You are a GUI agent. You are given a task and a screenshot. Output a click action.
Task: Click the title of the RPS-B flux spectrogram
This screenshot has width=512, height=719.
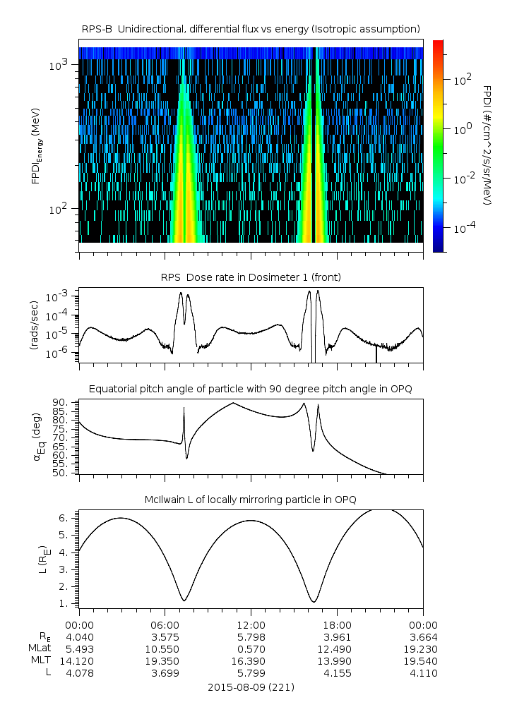[251, 28]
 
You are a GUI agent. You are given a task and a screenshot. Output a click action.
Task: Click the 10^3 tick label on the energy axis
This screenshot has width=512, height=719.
[58, 66]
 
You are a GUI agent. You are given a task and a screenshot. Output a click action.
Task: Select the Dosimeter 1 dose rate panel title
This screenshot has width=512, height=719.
[251, 277]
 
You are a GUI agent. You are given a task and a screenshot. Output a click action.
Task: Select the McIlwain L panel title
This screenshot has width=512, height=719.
[251, 500]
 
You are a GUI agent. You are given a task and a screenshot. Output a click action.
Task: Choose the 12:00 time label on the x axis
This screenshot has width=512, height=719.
[251, 625]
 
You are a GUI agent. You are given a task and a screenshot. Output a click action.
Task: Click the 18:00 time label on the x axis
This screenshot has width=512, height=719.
[337, 625]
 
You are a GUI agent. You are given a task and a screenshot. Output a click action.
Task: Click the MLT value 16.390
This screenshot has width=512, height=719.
[251, 661]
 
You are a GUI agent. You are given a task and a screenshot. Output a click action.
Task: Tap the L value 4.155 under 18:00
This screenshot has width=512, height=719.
[337, 673]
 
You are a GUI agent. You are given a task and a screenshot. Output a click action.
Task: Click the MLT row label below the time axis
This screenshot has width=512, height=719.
[37, 661]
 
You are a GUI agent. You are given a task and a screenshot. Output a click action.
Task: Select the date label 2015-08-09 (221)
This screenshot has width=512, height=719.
[251, 687]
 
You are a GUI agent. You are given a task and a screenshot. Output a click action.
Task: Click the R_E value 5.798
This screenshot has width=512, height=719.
[251, 637]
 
